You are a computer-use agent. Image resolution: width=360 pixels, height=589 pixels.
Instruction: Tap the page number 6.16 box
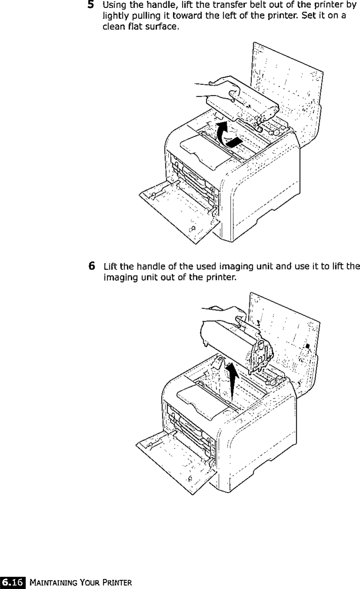[13, 581]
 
